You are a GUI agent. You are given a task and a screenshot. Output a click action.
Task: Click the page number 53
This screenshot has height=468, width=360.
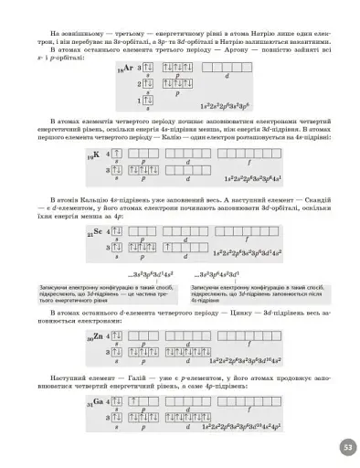pos(347,447)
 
